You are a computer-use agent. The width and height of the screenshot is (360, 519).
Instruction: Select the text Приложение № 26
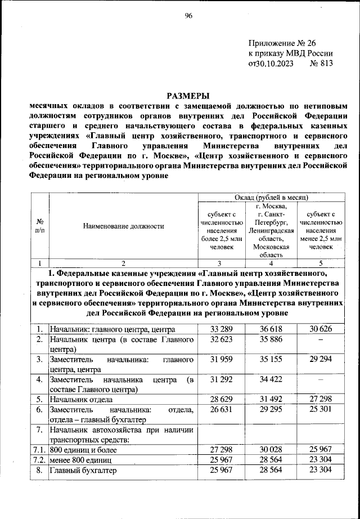pyautogui.click(x=276, y=43)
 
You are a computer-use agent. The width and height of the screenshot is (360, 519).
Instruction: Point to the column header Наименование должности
pyautogui.click(x=123, y=226)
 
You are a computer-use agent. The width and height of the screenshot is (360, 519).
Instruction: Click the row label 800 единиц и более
pyautogui.click(x=84, y=450)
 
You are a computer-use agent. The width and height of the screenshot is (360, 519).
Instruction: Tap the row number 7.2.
pyautogui.click(x=38, y=460)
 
